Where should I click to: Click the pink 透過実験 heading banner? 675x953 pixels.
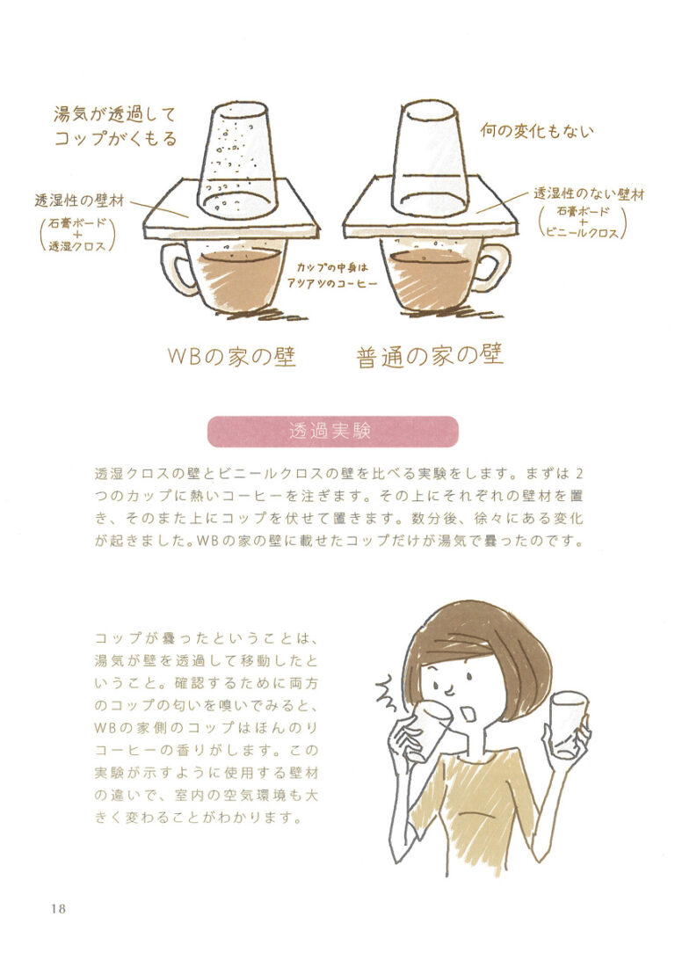coord(332,432)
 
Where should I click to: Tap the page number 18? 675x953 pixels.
coord(59,909)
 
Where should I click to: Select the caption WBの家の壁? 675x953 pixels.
coord(231,357)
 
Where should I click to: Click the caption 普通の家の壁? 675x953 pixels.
coord(430,356)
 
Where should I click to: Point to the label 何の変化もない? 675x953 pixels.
coord(536,131)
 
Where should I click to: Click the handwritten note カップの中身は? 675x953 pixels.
coord(332,267)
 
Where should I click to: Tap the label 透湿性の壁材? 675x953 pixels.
coord(79,200)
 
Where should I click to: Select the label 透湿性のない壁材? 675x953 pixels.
coord(589,194)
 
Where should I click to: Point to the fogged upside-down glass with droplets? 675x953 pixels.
coord(238,161)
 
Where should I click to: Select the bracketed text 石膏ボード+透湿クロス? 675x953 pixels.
coord(77,234)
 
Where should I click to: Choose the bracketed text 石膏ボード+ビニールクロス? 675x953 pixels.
coord(582,222)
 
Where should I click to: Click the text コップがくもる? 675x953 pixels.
coord(115,139)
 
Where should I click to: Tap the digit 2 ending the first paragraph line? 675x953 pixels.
coord(578,474)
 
